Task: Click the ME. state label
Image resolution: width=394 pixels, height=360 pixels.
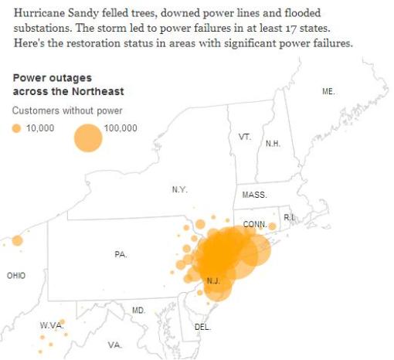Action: click(x=328, y=91)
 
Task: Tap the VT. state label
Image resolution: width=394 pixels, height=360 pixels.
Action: click(x=245, y=136)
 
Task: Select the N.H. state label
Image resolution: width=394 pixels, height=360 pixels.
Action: click(x=273, y=144)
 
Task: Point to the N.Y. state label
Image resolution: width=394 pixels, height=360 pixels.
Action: click(x=179, y=189)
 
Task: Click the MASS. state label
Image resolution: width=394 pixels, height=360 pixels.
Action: click(x=254, y=195)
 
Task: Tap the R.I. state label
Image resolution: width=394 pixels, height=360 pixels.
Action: click(x=289, y=218)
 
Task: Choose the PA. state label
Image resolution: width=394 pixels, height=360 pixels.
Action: click(x=121, y=254)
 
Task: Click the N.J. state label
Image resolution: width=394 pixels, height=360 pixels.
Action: click(x=214, y=280)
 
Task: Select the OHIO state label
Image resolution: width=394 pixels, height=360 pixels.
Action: click(x=15, y=275)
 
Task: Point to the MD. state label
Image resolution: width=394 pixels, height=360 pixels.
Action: click(x=138, y=310)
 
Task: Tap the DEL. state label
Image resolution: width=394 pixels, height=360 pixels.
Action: click(x=202, y=327)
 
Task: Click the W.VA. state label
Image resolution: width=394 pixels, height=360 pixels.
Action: click(x=50, y=326)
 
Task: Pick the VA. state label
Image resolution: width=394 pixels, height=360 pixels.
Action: click(x=114, y=345)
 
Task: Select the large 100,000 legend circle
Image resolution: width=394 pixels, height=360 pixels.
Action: click(x=88, y=138)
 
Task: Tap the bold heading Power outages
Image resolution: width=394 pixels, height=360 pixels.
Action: click(x=51, y=78)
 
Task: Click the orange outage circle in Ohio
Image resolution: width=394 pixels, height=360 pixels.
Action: click(x=17, y=240)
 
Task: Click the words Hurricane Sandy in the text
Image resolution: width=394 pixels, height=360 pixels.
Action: click(x=50, y=14)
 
